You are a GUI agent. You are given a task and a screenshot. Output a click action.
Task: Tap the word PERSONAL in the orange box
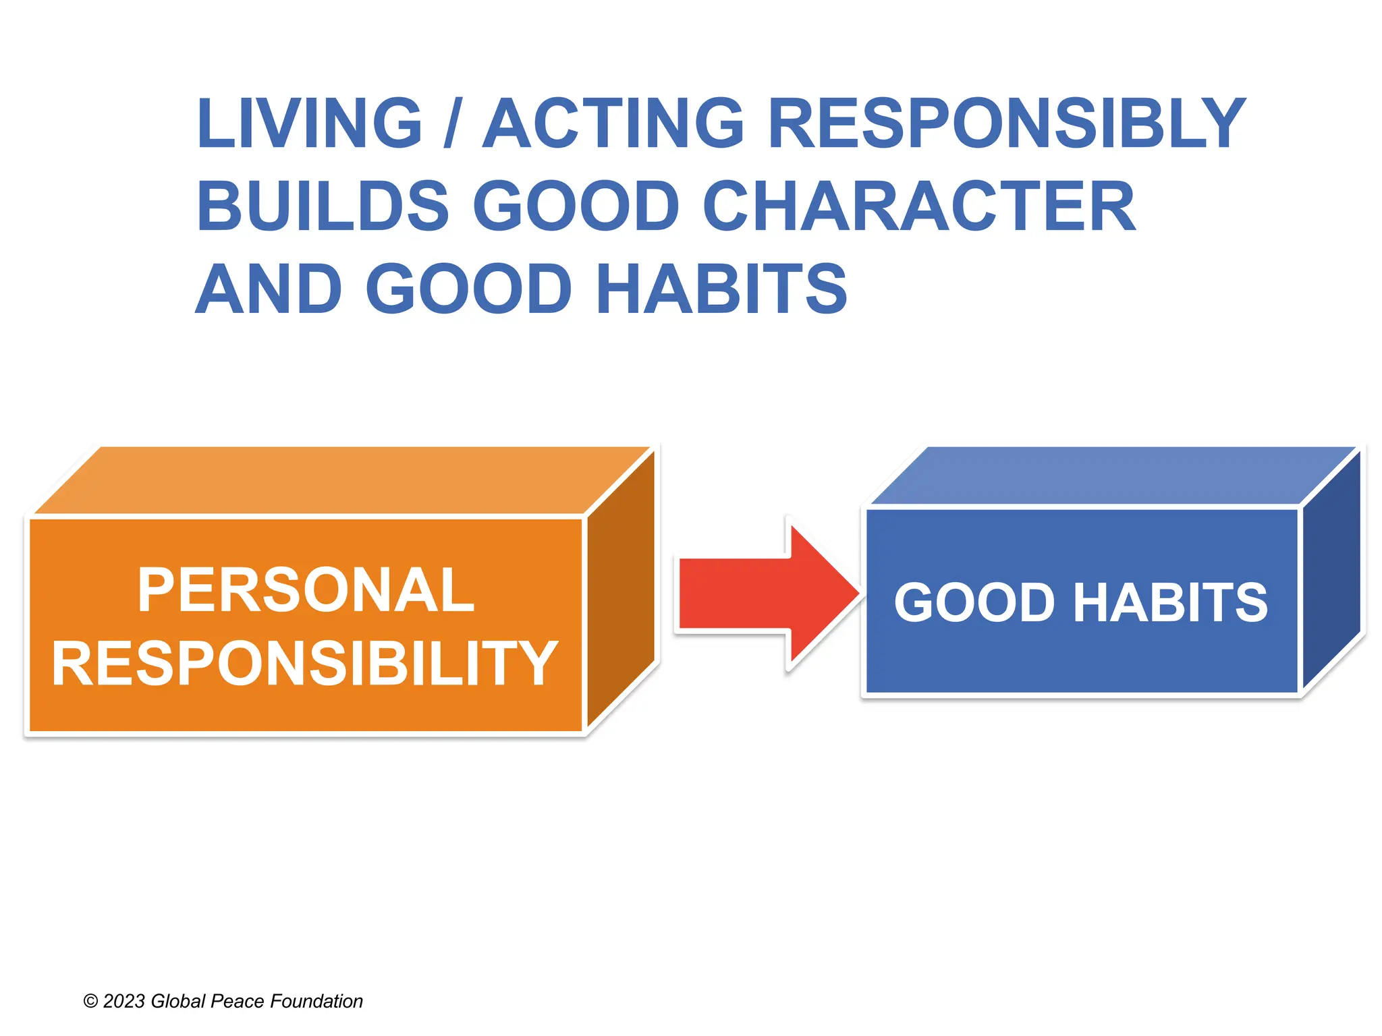(x=306, y=591)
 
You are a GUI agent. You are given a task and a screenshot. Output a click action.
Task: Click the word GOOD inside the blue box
(x=974, y=602)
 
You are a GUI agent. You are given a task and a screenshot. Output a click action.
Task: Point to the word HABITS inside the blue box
(x=1170, y=602)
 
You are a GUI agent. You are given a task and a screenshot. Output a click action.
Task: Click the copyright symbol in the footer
(x=90, y=1002)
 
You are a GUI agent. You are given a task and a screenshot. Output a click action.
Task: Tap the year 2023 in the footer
(x=124, y=1002)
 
